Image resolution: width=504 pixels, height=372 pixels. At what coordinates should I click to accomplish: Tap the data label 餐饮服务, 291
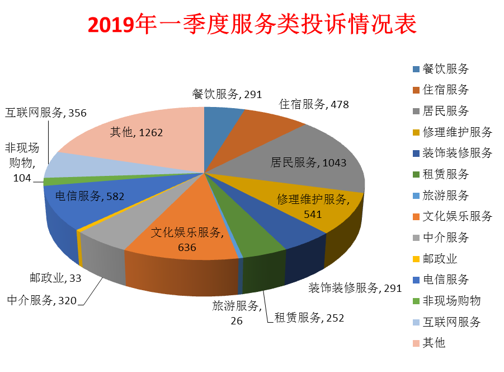coord(227,94)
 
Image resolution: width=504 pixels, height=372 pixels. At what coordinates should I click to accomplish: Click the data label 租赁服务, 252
coord(308,318)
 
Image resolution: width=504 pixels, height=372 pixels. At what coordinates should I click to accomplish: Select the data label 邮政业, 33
coord(55,278)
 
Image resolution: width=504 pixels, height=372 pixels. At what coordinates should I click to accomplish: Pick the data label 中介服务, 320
coord(41,300)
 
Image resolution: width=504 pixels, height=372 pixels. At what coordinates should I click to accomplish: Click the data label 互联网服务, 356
coord(46,113)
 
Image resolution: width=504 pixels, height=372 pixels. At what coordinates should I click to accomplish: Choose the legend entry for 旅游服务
coord(445,196)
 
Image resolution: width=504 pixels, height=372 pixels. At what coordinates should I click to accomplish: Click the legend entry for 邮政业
coord(440,258)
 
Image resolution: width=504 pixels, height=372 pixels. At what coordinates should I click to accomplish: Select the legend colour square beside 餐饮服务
coord(416,69)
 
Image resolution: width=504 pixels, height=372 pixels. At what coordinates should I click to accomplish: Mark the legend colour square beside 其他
coord(416,342)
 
